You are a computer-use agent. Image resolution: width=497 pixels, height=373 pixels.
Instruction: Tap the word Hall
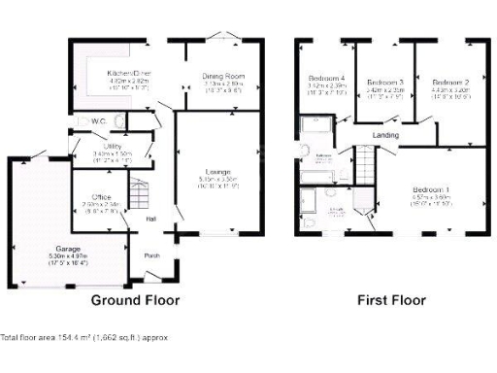coord(152,219)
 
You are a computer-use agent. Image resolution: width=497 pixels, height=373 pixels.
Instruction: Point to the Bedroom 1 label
coord(432,188)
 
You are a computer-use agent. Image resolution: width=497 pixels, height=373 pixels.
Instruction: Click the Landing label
coord(385,135)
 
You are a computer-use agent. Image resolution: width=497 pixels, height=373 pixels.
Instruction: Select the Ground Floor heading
coord(135,300)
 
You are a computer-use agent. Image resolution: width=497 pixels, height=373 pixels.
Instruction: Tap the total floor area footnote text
coord(84,337)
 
